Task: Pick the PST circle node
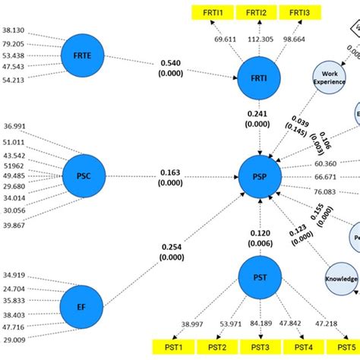pos(259,276)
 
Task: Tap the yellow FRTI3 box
pos(300,12)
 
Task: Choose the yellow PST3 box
pos(261,348)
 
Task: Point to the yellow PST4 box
pos(304,348)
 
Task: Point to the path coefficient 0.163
pos(171,173)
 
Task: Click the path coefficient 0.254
pos(171,246)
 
